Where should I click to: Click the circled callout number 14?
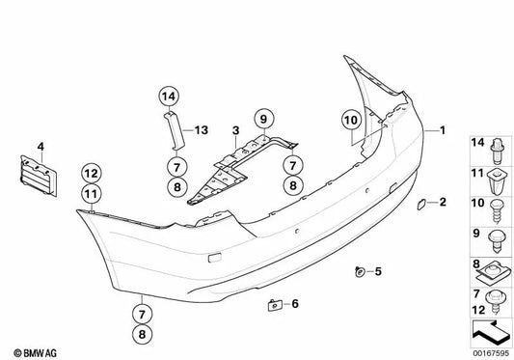point(169,97)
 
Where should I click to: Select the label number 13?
point(202,130)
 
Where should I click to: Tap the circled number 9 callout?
point(264,119)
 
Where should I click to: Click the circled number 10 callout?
point(351,120)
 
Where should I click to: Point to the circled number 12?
point(92,174)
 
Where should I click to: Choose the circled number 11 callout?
point(92,194)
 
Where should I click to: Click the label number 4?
point(41,147)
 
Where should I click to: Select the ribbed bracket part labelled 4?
point(39,177)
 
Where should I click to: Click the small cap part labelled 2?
point(421,204)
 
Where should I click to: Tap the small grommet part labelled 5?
point(360,272)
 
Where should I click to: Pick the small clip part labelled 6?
point(275,306)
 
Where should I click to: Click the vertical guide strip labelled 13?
point(175,130)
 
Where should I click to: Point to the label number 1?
point(443,130)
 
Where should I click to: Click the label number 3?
point(235,130)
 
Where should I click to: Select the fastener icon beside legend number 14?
point(498,151)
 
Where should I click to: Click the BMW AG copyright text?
point(35,353)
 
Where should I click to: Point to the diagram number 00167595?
point(491,353)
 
